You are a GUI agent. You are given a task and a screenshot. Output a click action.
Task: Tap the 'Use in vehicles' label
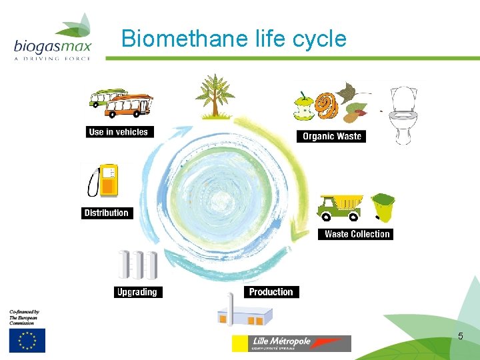click(118, 132)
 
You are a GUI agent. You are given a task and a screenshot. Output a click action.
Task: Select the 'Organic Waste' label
click(331, 137)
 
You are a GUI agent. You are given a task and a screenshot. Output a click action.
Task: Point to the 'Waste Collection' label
click(357, 234)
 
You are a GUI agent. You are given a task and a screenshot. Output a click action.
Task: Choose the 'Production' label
click(271, 292)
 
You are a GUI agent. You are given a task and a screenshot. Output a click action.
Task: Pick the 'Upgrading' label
click(137, 292)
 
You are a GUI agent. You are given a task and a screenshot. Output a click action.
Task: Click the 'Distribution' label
click(106, 213)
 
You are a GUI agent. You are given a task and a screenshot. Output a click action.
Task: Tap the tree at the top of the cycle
click(214, 97)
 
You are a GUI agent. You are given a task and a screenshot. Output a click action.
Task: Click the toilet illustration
click(403, 113)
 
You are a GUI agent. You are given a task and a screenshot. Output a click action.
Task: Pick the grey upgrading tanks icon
click(137, 265)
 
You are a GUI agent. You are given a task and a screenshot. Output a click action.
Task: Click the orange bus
click(129, 105)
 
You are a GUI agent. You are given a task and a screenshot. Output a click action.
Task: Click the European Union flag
click(27, 340)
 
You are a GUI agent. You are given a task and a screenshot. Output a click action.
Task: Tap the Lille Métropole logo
click(291, 343)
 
